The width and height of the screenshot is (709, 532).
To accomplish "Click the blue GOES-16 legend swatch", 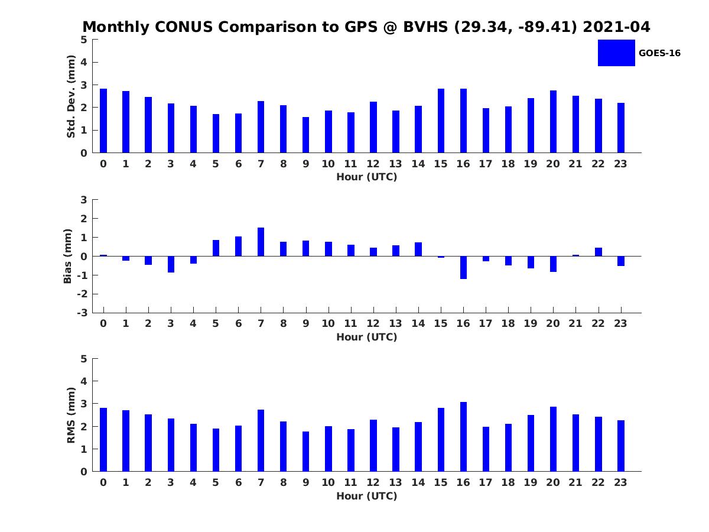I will tap(616, 53).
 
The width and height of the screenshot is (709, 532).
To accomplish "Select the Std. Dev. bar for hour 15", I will tap(441, 121).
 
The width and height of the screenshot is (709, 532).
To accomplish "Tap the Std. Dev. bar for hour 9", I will tap(305, 135).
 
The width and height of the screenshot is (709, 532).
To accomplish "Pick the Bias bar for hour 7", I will tap(261, 242).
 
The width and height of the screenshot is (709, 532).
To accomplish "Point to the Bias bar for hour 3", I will tap(171, 264).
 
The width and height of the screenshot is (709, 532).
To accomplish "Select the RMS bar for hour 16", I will tap(463, 437).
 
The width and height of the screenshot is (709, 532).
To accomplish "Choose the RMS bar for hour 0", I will tap(103, 439).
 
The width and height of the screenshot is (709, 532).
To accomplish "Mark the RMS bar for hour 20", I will tap(553, 439).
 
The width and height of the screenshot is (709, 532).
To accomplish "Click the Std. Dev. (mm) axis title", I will tap(71, 96).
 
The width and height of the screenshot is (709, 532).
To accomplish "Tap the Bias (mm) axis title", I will tap(68, 256).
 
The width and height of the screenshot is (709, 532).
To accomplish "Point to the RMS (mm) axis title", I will tap(71, 415).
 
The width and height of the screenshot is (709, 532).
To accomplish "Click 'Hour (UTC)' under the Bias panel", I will tap(367, 337).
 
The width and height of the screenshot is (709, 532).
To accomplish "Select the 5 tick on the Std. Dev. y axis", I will tap(84, 40).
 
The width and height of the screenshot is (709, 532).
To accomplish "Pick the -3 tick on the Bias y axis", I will tap(82, 313).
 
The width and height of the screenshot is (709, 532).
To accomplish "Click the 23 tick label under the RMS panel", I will tap(620, 482).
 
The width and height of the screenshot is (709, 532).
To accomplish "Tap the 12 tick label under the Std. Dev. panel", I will tap(373, 164).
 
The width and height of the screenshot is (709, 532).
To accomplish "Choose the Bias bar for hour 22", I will tap(598, 252).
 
